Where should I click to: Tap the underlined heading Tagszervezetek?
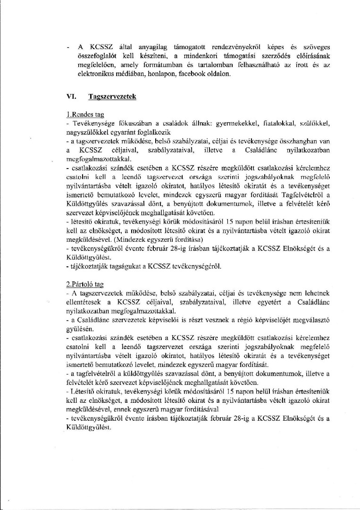click(x=112, y=96)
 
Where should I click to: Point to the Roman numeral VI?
click(x=73, y=96)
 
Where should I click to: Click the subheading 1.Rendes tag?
click(x=85, y=114)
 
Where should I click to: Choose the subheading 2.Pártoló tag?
click(x=85, y=286)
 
